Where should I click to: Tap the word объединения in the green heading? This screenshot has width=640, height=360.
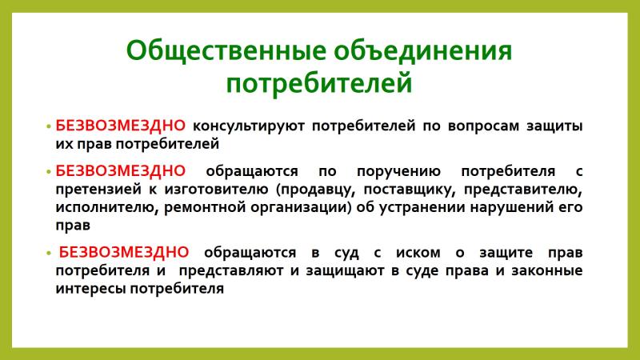tap(423, 50)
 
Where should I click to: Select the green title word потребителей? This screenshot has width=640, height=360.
tap(319, 84)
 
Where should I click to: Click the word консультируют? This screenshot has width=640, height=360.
tap(249, 126)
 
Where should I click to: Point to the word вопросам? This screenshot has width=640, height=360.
tap(484, 126)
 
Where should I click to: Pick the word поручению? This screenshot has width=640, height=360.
tap(398, 171)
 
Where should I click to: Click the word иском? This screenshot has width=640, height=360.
tap(418, 253)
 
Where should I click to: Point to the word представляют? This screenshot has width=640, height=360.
tap(231, 270)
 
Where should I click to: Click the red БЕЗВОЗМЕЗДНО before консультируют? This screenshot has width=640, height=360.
tap(121, 126)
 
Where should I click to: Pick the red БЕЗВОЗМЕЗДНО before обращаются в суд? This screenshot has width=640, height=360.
tap(124, 252)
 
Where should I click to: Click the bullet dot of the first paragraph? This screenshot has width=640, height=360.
tap(49, 126)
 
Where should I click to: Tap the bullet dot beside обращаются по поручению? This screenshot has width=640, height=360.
tap(49, 172)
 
